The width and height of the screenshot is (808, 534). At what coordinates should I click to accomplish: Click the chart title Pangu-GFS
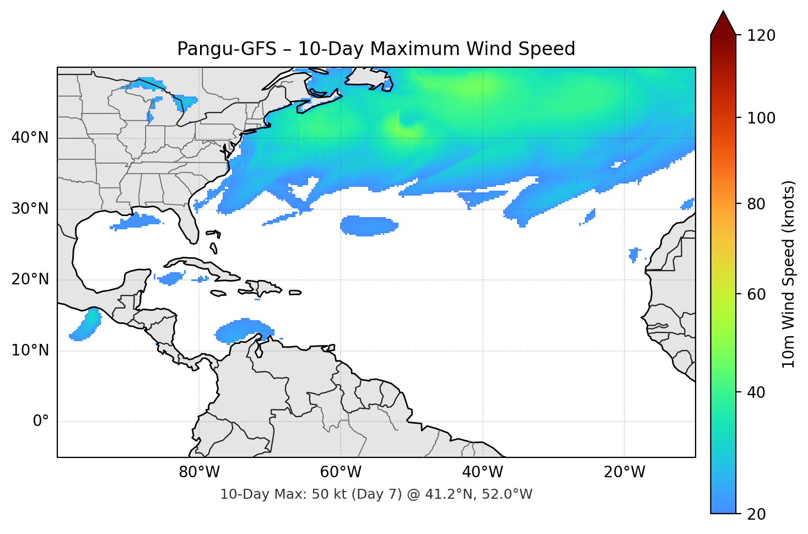376,49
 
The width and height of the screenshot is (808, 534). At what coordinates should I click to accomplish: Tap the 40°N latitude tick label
30,138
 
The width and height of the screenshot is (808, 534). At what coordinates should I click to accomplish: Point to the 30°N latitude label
30,209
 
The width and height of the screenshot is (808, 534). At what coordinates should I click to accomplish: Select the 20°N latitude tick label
30,279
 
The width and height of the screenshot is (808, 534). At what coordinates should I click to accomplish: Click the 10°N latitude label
30,350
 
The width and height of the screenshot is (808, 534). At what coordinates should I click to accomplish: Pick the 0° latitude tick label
41,422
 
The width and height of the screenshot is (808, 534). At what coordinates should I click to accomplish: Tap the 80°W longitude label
199,472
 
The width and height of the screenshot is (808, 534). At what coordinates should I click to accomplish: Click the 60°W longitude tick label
341,472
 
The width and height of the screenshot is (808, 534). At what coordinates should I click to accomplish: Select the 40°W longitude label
482,472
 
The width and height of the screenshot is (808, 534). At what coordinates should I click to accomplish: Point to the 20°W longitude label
624,472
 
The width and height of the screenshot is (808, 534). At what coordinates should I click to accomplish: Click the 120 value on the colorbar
761,35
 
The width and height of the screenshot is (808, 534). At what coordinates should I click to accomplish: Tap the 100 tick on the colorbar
761,118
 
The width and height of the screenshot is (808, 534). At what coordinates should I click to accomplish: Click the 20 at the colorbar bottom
756,514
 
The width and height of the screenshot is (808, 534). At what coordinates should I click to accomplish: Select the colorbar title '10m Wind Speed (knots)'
789,274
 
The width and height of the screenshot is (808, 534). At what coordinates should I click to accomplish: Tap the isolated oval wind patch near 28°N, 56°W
369,225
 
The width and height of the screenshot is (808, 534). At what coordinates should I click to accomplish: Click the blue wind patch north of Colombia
243,331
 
